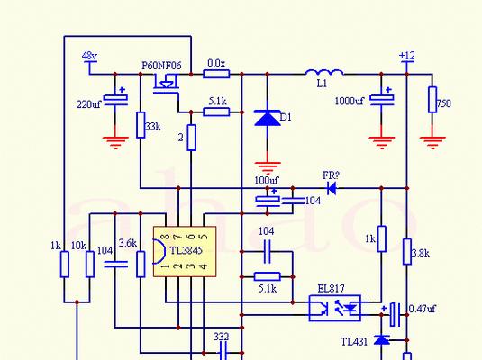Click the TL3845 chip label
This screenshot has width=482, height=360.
point(186,250)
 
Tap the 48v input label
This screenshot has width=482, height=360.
point(89,56)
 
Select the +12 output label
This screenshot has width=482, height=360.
point(406,56)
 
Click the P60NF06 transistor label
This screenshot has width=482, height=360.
point(161,66)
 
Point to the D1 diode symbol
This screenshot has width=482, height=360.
point(268,118)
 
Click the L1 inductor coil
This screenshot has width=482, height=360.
point(324,73)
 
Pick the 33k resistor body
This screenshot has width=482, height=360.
point(141,125)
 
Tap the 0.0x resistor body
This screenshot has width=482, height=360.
point(216,74)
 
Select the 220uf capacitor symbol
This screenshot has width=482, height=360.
point(115,100)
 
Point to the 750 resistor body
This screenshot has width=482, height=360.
point(432,100)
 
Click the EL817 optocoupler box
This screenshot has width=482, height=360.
point(334,308)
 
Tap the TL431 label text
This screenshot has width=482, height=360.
point(354,342)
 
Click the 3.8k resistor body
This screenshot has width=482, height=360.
point(407,251)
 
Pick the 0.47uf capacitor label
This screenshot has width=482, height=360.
point(422,309)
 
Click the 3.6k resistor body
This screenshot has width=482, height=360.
point(141,265)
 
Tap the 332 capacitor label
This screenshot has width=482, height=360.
point(221,337)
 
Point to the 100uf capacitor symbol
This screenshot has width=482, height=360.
point(268,202)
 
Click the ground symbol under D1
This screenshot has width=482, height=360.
point(268,167)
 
